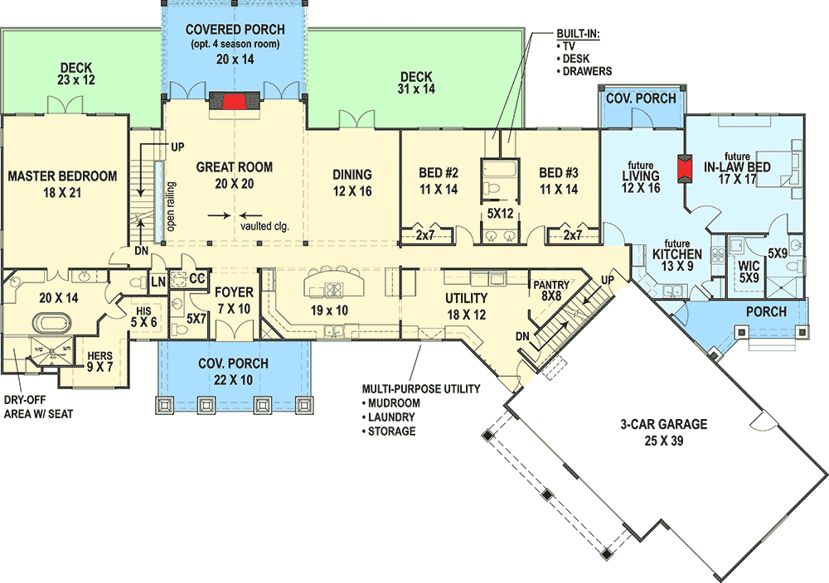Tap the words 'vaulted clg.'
(264, 224)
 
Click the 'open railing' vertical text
(171, 207)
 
